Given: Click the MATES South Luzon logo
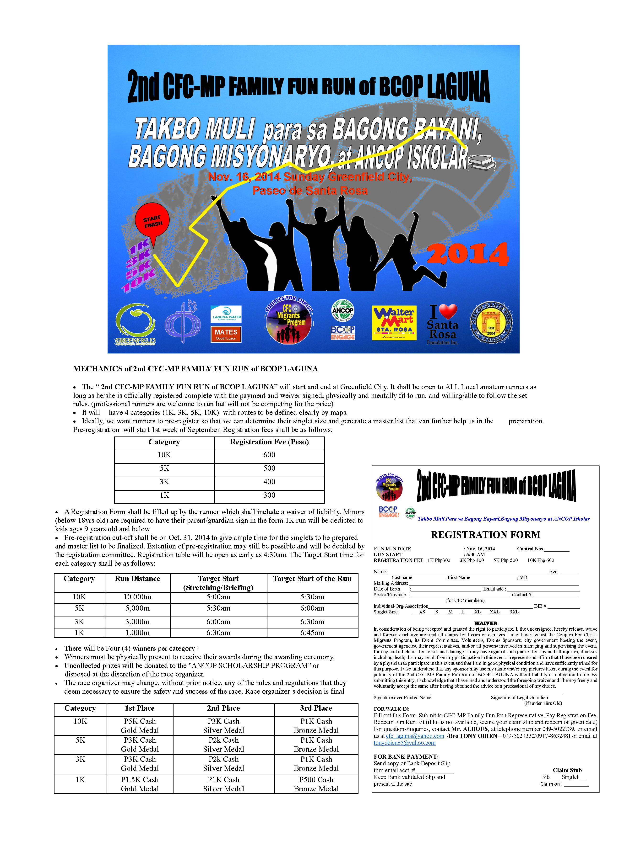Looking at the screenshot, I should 226,334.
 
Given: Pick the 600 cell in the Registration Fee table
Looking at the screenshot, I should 269,455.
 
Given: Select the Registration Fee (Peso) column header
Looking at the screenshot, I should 269,442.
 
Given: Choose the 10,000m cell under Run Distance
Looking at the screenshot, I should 137,597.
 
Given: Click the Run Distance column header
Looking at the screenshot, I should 137,578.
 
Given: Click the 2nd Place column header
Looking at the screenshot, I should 223,708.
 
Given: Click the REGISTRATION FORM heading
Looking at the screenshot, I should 485,534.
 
